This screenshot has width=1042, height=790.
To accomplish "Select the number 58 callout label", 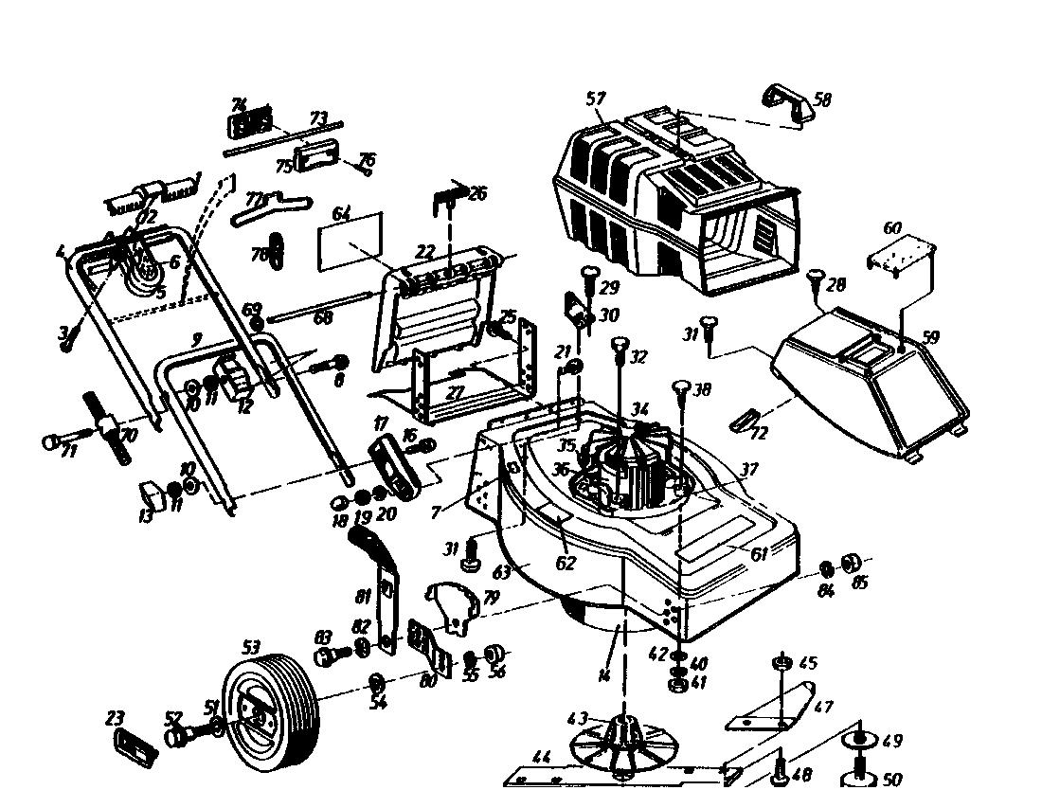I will point(822,99).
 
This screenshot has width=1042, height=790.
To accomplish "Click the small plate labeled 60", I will point(902,254).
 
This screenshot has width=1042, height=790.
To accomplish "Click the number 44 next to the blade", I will point(541,758).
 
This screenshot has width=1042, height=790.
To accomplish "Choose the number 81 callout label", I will point(362,597).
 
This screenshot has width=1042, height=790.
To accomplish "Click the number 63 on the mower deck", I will point(501,572).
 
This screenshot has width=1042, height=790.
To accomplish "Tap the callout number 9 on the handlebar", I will point(196,337).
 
